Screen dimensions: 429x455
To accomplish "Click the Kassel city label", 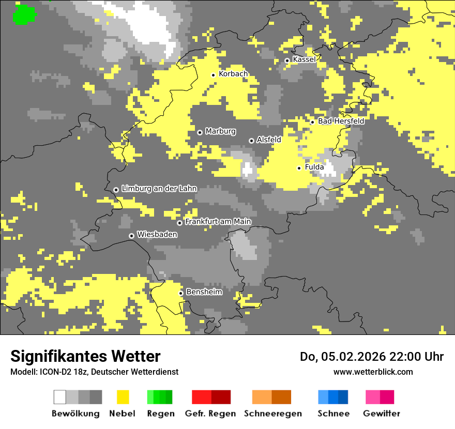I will pyautogui.click(x=304, y=59).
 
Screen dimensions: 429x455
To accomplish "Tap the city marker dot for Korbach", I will pyautogui.click(x=213, y=75).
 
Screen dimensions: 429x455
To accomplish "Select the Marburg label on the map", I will pyautogui.click(x=220, y=131).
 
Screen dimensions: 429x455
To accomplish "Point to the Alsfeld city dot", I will pyautogui.click(x=251, y=141).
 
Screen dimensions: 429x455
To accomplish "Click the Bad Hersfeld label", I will pyautogui.click(x=341, y=121).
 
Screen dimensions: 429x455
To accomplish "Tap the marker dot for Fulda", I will pyautogui.click(x=299, y=168).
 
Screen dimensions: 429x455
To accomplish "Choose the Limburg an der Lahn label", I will pyautogui.click(x=159, y=189).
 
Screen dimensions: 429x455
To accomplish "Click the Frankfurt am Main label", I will pyautogui.click(x=218, y=222).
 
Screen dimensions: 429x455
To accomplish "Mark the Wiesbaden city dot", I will pyautogui.click(x=132, y=236).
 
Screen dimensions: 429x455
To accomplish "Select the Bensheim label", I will pyautogui.click(x=204, y=292).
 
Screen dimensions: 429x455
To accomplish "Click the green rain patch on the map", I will pyautogui.click(x=24, y=14).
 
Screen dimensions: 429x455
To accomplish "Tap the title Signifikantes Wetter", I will pyautogui.click(x=85, y=357).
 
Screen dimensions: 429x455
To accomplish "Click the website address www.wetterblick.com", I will pyautogui.click(x=373, y=372).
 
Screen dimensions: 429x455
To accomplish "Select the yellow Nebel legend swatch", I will pyautogui.click(x=123, y=397).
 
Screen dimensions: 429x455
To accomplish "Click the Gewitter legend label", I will pyautogui.click(x=381, y=413).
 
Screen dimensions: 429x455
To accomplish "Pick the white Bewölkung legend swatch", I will pyautogui.click(x=60, y=397).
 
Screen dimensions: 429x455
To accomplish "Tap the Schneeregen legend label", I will pyautogui.click(x=273, y=413).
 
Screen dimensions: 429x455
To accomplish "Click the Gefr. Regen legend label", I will pyautogui.click(x=210, y=413).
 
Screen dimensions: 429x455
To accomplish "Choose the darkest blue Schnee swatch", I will pyautogui.click(x=343, y=397).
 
